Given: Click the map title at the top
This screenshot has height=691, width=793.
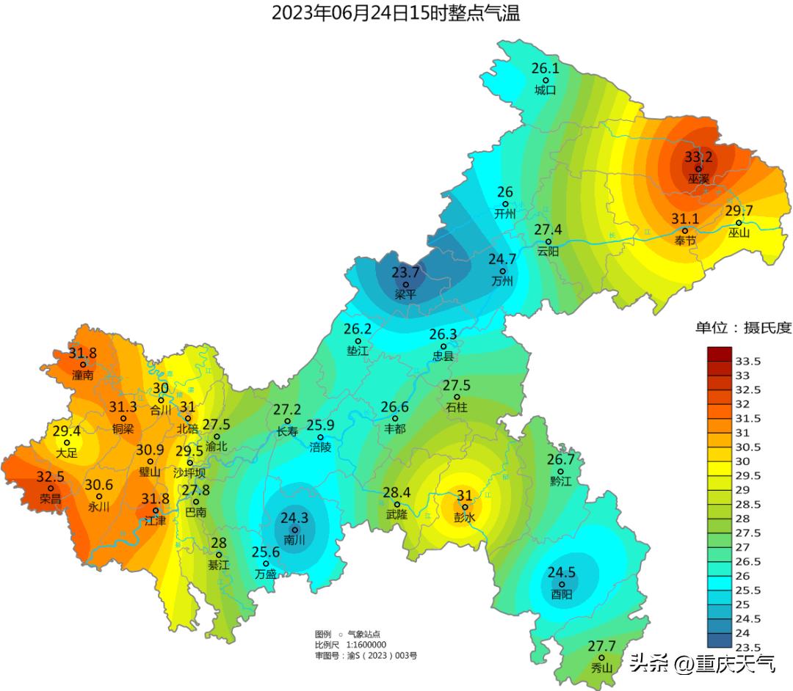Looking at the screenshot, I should [x=396, y=12].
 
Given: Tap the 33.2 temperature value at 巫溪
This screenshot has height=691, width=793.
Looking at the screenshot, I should [x=698, y=156].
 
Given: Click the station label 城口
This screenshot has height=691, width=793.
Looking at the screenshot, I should [x=545, y=90].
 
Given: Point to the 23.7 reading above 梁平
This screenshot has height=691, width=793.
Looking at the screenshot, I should [x=405, y=272].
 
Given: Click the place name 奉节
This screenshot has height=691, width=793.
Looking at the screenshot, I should [x=685, y=241].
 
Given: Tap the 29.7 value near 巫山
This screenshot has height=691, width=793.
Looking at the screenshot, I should [x=739, y=211].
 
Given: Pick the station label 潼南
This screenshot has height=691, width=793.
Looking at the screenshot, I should [x=82, y=375].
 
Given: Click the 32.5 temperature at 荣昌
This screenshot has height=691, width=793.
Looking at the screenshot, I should [x=50, y=477].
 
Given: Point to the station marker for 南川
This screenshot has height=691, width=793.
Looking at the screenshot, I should [x=295, y=530].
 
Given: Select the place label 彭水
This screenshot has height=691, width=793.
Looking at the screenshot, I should [x=465, y=517].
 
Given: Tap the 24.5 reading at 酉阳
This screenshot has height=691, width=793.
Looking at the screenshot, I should [x=561, y=572].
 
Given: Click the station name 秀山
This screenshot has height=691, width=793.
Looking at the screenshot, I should [x=601, y=668].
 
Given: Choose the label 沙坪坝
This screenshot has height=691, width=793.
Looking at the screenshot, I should [x=189, y=474].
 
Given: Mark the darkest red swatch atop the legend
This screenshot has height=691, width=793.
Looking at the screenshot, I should [x=719, y=354].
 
